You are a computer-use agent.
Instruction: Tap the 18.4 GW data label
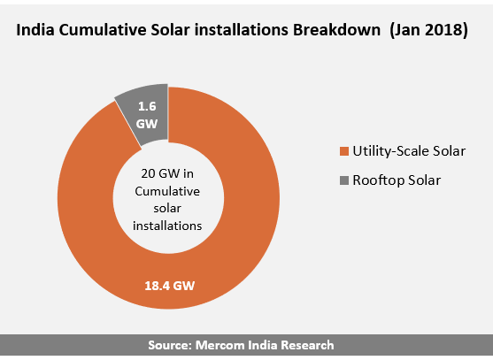(170, 286)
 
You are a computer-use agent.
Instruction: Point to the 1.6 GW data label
(147, 115)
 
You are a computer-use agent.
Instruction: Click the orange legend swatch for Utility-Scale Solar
(344, 151)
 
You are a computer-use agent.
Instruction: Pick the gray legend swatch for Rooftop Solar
(344, 180)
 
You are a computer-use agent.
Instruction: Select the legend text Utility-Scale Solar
(409, 151)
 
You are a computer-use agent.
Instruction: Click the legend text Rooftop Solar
(397, 180)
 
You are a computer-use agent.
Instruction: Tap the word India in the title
(35, 30)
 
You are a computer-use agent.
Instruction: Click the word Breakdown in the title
(336, 30)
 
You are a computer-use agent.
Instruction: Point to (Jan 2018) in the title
(429, 30)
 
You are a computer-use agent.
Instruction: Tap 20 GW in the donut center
(158, 173)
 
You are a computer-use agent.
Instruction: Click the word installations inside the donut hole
(167, 226)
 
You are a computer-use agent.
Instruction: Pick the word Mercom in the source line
(220, 345)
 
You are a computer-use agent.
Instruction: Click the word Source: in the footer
(170, 345)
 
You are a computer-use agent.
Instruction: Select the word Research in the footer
(307, 345)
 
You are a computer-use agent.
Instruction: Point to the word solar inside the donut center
(167, 209)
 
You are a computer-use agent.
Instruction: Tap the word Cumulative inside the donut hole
(167, 191)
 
